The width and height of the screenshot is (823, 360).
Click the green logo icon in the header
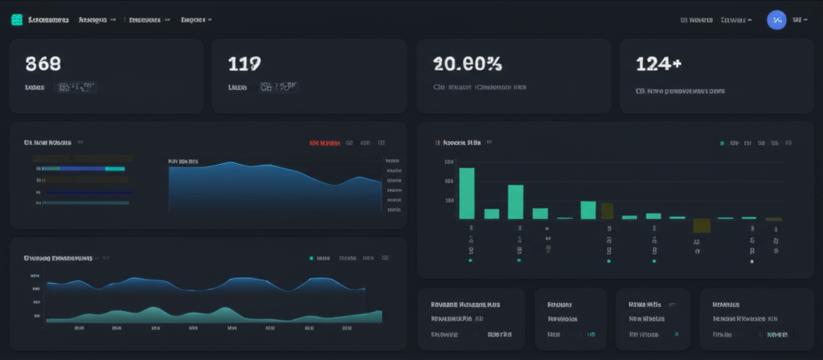coord(16,18)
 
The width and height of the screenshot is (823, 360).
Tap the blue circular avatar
coord(776,19)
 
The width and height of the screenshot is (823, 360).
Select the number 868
coord(43,63)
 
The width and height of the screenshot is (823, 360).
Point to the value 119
coord(244,63)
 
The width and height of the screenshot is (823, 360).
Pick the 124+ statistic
coord(659,63)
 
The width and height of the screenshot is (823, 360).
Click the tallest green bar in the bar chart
coord(466,193)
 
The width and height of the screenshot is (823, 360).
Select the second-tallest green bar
coord(515,202)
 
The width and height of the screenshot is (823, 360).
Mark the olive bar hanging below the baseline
coord(701,226)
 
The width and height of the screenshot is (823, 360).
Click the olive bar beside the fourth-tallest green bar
coord(607,211)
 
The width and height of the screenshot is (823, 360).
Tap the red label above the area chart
coord(325,143)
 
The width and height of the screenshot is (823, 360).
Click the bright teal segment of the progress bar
coord(115,169)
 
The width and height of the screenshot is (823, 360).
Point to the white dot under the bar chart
coord(751,261)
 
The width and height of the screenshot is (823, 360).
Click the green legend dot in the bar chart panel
coord(722,143)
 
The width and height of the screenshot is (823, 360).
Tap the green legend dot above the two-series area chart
coord(310,259)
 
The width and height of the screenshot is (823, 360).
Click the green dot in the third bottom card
coord(676,333)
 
